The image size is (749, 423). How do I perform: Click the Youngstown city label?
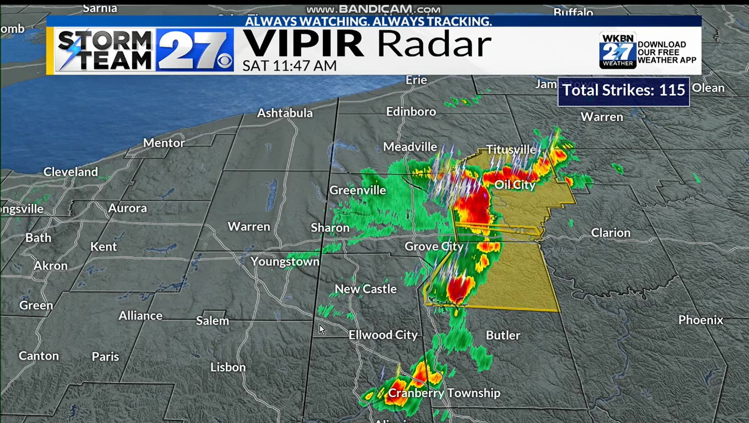pos(285,262)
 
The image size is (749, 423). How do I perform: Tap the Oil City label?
pos(515,185)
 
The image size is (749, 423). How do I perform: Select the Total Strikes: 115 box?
pos(623,90)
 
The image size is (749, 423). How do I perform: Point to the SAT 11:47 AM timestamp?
pos(289,66)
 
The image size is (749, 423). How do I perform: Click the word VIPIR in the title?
pos(303,44)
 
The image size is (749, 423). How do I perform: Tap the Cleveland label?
pos(70,172)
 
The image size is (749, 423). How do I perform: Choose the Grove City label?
pos(434,246)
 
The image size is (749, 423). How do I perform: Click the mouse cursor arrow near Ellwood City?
pos(322,330)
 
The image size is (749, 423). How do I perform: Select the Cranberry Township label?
pos(444,393)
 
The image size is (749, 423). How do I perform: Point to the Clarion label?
pos(610,232)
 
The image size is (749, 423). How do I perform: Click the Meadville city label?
pos(410,147)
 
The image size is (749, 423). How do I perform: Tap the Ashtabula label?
pos(285,113)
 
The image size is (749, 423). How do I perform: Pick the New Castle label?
pos(366,289)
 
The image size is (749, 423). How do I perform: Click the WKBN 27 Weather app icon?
pos(617,51)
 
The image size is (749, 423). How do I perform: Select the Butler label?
pos(503,335)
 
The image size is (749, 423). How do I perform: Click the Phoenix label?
pos(701,319)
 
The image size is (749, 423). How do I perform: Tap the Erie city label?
pos(416,80)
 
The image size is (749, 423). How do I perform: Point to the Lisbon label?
pos(228,367)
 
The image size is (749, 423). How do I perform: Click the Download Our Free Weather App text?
pos(666,52)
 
